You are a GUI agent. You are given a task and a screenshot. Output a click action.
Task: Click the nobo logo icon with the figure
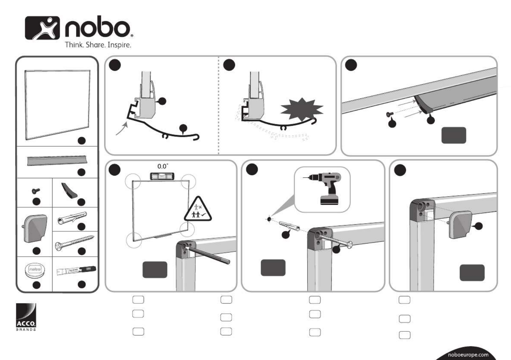point(42,28)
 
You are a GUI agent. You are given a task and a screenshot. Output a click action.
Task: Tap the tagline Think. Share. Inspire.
point(98,45)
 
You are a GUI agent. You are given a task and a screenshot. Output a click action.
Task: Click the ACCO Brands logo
point(26,317)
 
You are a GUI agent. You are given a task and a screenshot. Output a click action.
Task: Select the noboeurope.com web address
point(468,355)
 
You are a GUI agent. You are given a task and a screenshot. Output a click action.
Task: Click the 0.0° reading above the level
point(163,166)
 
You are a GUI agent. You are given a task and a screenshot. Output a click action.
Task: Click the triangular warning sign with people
point(198,210)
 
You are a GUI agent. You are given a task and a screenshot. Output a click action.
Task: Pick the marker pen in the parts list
point(76,270)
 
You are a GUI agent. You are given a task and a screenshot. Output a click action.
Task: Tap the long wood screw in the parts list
point(75,243)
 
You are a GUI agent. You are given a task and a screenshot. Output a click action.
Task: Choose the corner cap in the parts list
point(35,228)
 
